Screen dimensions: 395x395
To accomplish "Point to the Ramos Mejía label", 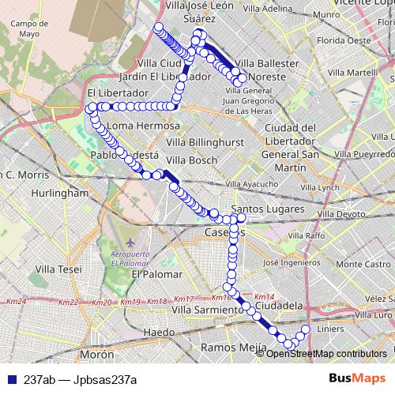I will (x=231, y=347).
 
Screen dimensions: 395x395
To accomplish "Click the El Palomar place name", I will (x=156, y=274).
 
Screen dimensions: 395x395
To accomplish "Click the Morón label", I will (x=97, y=355).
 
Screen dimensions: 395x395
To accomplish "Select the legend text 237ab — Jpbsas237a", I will (x=81, y=379).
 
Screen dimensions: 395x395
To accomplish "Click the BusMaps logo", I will (x=357, y=378).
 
